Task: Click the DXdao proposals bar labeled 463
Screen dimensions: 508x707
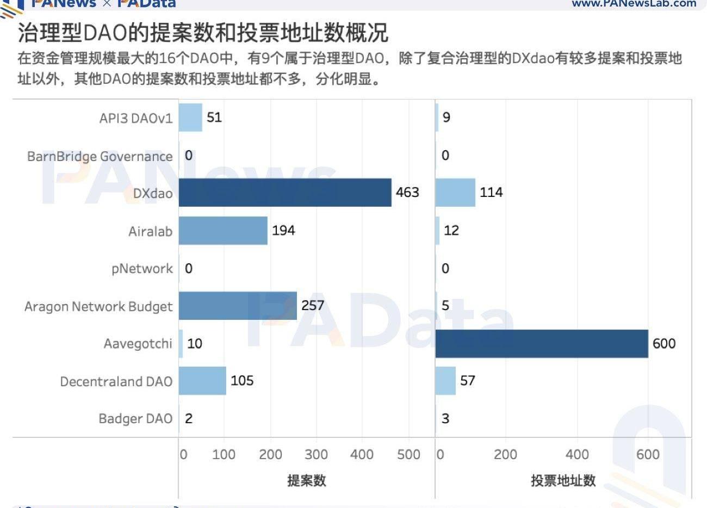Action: coord(285,193)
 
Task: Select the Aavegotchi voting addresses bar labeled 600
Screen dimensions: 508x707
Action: coord(542,344)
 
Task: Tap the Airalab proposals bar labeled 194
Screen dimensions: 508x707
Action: coord(223,231)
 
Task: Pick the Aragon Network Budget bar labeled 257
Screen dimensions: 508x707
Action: coord(238,306)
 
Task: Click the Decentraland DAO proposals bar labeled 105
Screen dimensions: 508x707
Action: coord(202,381)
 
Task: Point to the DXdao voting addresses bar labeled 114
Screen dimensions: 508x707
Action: coord(455,193)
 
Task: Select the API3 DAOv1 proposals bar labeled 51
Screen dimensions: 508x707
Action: coord(190,117)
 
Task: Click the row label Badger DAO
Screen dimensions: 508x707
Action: coord(135,418)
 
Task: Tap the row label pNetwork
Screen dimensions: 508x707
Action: coord(142,269)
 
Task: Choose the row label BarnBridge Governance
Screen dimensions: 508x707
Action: coord(100,157)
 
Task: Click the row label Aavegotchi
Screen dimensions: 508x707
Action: coord(138,344)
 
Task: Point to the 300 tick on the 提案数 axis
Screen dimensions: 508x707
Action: coord(316,455)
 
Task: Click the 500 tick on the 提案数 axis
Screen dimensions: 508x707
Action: coord(408,455)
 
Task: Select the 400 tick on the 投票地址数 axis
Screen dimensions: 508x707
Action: coord(577,455)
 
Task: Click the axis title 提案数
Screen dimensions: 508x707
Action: coord(307,481)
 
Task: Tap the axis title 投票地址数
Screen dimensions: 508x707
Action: coord(563,481)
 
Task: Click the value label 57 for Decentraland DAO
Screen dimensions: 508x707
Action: coord(468,381)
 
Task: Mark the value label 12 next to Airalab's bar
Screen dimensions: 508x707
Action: coord(451,231)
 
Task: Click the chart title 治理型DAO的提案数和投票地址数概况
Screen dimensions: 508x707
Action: coord(203,33)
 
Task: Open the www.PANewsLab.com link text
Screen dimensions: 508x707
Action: coord(634,4)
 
